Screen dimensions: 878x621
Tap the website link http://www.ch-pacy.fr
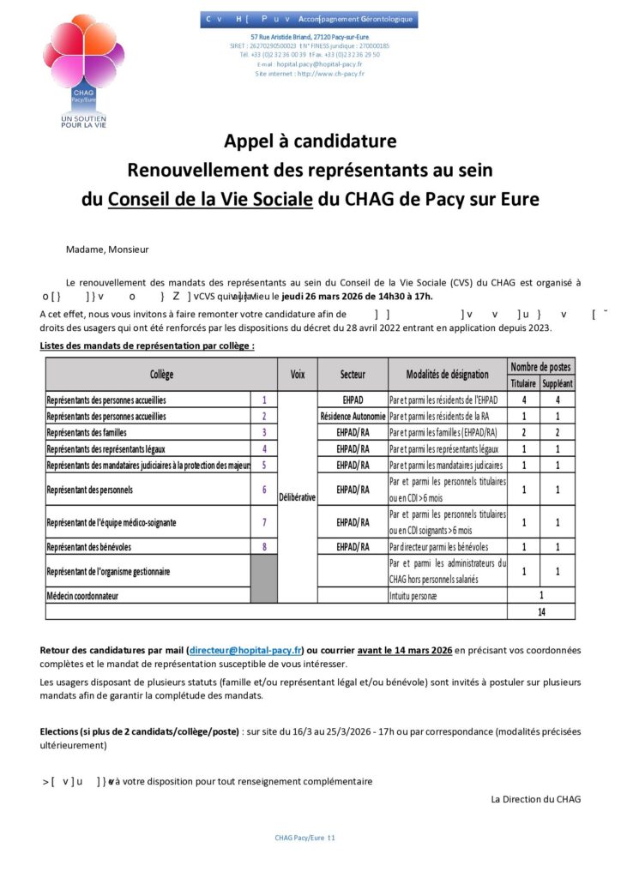tap(330, 74)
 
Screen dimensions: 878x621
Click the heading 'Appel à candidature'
tap(310, 141)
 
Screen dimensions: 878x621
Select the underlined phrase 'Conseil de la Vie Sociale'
tap(210, 199)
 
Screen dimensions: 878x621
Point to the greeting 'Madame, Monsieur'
tap(107, 250)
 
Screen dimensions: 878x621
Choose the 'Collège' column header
tap(161, 375)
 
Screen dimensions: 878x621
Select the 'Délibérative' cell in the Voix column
tap(298, 496)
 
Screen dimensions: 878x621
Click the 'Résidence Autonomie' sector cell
tap(353, 416)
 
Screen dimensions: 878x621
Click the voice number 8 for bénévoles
tap(264, 546)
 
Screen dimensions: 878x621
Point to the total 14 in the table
tap(541, 612)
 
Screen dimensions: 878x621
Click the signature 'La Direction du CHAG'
tap(535, 799)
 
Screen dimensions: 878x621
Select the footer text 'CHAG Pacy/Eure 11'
tap(304, 837)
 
